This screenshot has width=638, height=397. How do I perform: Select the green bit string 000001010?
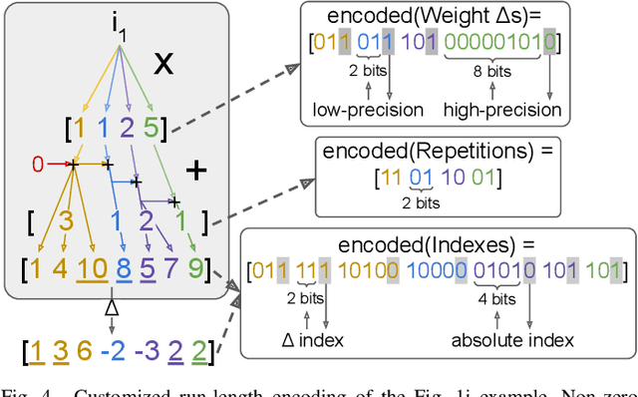coord(501,43)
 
